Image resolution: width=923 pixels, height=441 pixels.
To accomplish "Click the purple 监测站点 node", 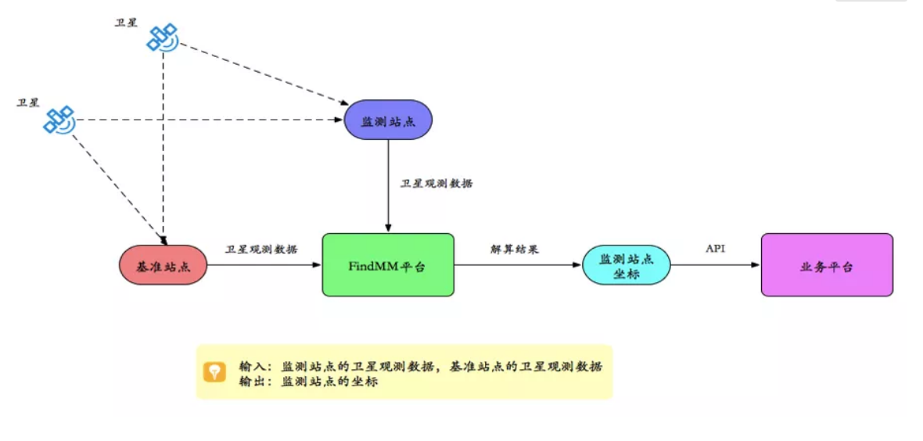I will click(388, 120).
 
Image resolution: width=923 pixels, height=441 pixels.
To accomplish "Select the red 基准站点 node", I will click(162, 265).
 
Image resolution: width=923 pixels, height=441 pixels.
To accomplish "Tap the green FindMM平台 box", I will click(388, 265).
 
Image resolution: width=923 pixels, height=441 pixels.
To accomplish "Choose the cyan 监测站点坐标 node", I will click(627, 265).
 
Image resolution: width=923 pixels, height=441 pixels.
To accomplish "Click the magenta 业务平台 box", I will click(827, 265).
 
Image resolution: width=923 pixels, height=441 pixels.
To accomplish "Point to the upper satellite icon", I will click(163, 37).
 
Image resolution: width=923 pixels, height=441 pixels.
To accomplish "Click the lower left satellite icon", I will click(59, 119).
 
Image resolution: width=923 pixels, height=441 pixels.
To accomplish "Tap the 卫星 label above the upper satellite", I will click(126, 22).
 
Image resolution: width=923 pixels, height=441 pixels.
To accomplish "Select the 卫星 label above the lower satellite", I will click(28, 102).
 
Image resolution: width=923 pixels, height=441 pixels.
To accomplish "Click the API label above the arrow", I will click(715, 249).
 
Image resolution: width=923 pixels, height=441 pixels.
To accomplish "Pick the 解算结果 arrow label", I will click(514, 249).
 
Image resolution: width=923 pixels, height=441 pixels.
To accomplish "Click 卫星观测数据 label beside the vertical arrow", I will click(436, 184).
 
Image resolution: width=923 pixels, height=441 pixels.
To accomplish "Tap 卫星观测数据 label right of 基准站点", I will click(261, 249).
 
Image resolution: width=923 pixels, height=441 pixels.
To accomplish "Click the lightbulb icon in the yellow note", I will click(214, 371).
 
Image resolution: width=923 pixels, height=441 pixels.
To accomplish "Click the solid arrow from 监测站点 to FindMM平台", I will click(388, 188).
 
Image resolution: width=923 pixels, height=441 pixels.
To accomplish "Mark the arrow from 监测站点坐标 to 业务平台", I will click(716, 265).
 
